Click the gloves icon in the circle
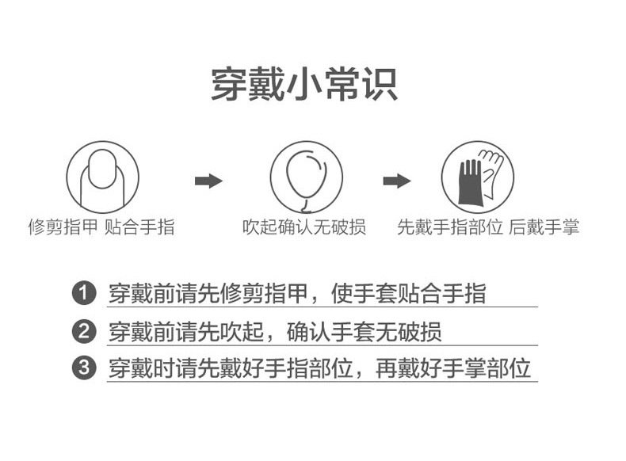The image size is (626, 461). click(x=478, y=176)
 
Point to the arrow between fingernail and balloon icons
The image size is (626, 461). click(x=208, y=181)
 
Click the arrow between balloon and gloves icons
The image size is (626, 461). click(x=396, y=181)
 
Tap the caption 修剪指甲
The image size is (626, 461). click(x=63, y=228)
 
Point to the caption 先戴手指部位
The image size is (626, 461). click(x=449, y=228)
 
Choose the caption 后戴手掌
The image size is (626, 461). click(x=544, y=228)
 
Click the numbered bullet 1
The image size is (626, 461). click(x=83, y=294)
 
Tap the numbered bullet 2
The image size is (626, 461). click(x=83, y=331)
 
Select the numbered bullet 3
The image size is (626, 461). click(x=83, y=368)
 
